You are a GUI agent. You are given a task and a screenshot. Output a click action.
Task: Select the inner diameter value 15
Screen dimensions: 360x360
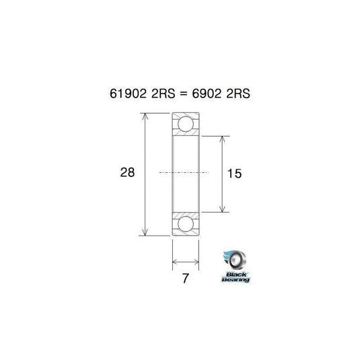click(234, 174)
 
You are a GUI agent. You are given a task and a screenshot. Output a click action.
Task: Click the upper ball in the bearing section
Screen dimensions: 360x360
click(186, 124)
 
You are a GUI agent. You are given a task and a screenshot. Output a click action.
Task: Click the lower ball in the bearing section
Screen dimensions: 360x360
click(186, 224)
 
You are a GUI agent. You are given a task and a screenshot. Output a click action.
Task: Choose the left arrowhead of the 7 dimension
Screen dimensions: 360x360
click(176, 262)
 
